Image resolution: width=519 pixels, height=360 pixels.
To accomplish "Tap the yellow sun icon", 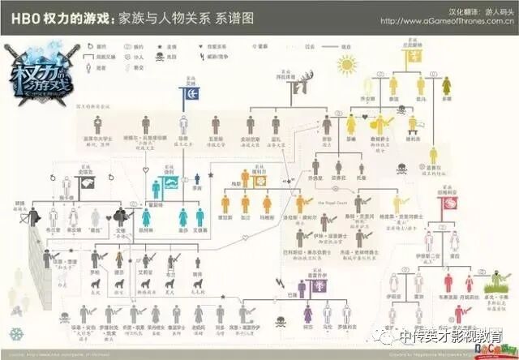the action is click(347, 63).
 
